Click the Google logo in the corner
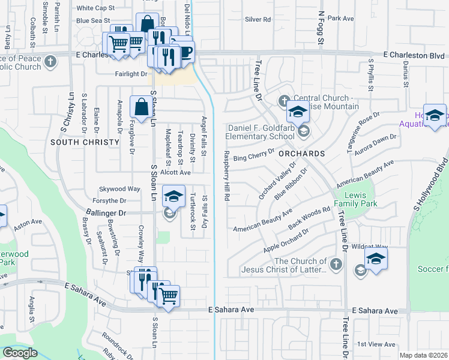(x=20, y=353)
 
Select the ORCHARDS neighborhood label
(x=301, y=154)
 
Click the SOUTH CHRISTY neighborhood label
(x=81, y=142)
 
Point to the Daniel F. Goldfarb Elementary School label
(x=261, y=132)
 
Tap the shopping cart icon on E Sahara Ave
(x=169, y=295)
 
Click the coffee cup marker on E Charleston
(x=184, y=52)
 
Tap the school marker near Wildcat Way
(x=376, y=259)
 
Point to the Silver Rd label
(x=258, y=19)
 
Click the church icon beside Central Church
(x=283, y=99)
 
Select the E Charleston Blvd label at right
(x=408, y=55)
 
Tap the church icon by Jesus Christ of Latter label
(x=337, y=263)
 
